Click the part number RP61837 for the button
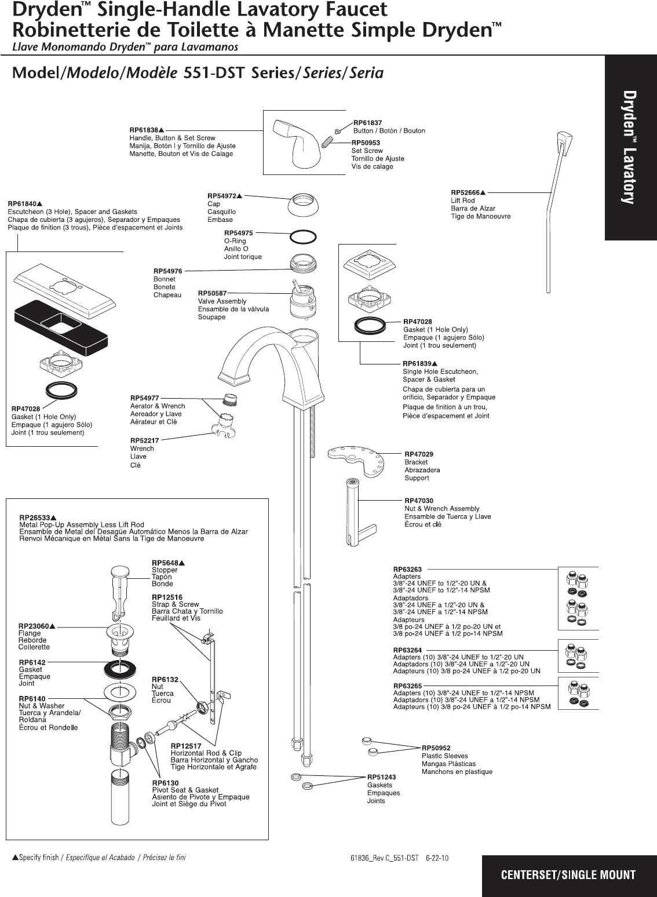pyautogui.click(x=367, y=123)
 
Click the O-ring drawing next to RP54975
pyautogui.click(x=302, y=236)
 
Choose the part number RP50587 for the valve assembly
pyautogui.click(x=212, y=293)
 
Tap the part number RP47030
pyautogui.click(x=419, y=501)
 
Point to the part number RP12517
pyautogui.click(x=186, y=746)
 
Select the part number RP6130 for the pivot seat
pyautogui.click(x=165, y=783)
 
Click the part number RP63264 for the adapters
pyautogui.click(x=407, y=650)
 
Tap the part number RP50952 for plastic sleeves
pyautogui.click(x=436, y=748)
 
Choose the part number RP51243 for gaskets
pyautogui.click(x=382, y=777)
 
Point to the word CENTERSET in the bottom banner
pyautogui.click(x=528, y=875)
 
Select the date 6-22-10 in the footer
pyautogui.click(x=437, y=858)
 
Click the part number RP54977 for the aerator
pyautogui.click(x=144, y=398)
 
